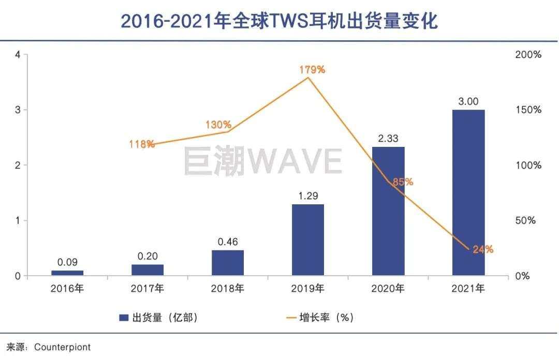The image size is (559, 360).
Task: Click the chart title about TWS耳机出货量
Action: point(279,21)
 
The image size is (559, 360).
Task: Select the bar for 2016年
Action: point(67,273)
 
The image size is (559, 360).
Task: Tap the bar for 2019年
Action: point(308,239)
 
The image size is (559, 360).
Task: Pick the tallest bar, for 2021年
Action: point(468,192)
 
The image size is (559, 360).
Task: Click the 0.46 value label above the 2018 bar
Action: point(228,242)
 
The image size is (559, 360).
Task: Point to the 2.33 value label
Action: point(388,138)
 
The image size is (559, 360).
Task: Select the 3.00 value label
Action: point(468,101)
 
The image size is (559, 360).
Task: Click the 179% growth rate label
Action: point(312,69)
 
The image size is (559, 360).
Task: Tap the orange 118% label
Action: point(142,144)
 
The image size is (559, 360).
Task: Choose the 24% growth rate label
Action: point(483,249)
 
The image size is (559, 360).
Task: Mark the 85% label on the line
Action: point(403,182)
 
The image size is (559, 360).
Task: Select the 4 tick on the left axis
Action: point(18,55)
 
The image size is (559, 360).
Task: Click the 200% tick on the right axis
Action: point(528,55)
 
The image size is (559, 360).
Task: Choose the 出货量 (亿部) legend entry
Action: point(158,318)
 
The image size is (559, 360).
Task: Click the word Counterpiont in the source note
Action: point(62,348)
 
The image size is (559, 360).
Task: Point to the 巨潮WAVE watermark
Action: point(262,161)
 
